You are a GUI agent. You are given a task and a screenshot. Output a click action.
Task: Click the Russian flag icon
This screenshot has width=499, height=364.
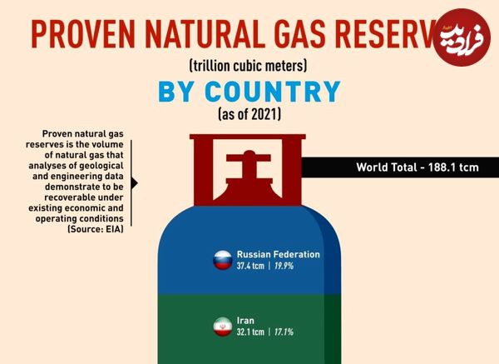222,260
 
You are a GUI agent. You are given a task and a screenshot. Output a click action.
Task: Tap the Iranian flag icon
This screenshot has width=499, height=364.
222,327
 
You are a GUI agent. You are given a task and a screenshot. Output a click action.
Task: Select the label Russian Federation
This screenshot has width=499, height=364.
278,254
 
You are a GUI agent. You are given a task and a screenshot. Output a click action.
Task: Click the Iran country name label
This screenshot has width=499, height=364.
245,321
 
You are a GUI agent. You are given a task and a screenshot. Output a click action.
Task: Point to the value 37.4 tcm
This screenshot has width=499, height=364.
250,266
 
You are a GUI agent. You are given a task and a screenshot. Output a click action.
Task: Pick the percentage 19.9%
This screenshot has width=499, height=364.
284,266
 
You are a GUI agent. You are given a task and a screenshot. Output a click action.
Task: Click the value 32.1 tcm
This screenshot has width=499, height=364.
250,332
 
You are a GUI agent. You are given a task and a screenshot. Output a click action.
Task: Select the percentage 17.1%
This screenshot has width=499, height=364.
284,332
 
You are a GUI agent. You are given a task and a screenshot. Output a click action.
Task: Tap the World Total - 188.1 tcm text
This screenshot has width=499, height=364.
417,167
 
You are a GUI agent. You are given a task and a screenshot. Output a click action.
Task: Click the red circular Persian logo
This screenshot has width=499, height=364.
461,37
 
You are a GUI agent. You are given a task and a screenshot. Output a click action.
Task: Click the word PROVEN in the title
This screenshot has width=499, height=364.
83,34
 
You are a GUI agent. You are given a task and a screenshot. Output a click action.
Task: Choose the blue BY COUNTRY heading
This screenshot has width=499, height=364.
249,92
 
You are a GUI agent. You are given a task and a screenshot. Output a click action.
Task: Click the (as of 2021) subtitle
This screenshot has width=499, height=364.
249,114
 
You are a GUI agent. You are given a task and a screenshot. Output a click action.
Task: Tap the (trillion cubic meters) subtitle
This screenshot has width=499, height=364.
248,66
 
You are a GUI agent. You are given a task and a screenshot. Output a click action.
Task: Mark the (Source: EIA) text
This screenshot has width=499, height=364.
96,229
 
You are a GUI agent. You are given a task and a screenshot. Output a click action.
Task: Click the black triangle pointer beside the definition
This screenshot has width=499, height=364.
134,183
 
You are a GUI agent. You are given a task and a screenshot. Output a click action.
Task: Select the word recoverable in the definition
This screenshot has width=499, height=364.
84,197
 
